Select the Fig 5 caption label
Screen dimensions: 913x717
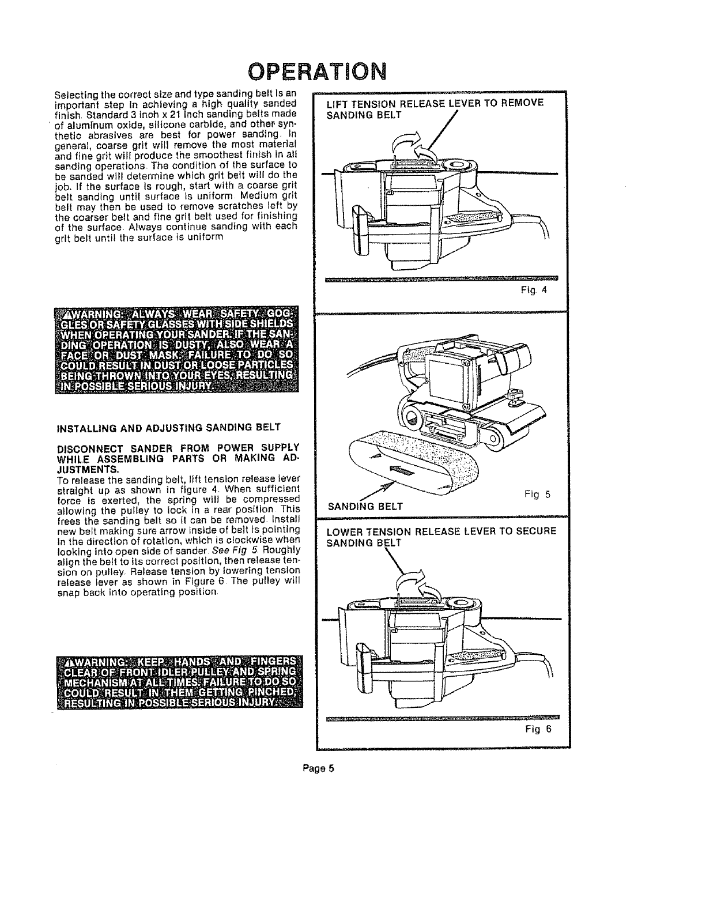coord(538,494)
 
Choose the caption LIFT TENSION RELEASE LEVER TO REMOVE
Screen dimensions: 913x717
coord(435,103)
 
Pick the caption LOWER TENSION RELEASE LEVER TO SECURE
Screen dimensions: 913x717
coord(441,531)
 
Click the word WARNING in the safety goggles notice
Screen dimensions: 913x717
coord(97,315)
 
